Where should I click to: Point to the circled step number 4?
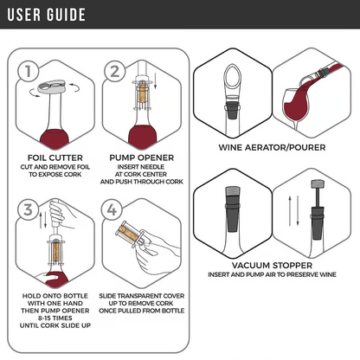pyautogui.click(x=112, y=210)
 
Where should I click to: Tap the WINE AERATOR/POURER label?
pyautogui.click(x=272, y=147)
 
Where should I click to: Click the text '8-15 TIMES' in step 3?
pyautogui.click(x=54, y=318)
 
